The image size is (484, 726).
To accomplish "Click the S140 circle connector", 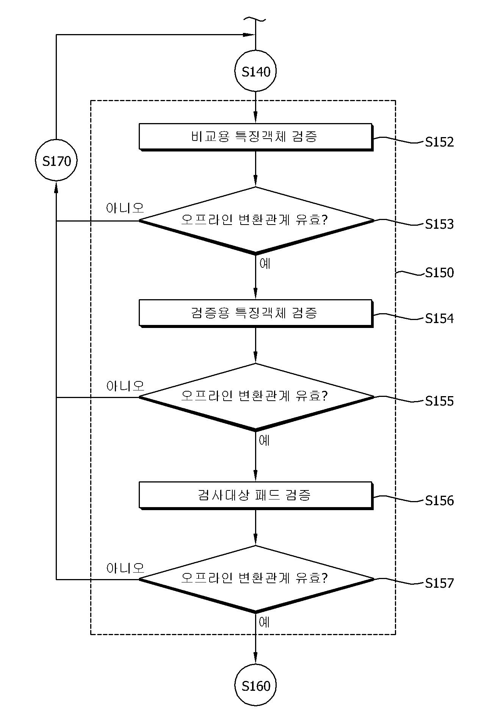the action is tap(255, 71).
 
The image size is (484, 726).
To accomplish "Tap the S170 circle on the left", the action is tap(56, 161).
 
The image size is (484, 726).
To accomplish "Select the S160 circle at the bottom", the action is tap(255, 686).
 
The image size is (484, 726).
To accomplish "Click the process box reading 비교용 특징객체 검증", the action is tap(256, 137).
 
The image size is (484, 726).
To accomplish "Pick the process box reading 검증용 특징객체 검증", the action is tap(256, 313).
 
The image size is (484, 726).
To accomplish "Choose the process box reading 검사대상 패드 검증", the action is tap(256, 495).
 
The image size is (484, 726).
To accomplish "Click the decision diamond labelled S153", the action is tap(256, 220).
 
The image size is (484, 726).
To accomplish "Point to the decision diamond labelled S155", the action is tap(256, 397).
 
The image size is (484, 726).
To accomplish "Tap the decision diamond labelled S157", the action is tap(256, 579).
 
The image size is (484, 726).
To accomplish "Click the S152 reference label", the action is tap(439, 142).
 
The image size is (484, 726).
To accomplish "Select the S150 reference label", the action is tap(439, 273).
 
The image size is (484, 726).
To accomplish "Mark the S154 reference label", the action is tap(439, 319).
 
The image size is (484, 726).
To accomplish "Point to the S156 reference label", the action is tap(439, 501).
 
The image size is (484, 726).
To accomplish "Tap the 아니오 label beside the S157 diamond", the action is tap(125, 568).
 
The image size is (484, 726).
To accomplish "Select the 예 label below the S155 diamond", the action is tap(265, 440).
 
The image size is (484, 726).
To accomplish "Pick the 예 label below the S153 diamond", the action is tap(265, 263).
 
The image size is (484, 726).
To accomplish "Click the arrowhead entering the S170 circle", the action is tap(56, 186).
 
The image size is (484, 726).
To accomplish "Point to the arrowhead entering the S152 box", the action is tap(255, 118).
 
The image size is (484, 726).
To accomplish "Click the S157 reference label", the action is tap(439, 583).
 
